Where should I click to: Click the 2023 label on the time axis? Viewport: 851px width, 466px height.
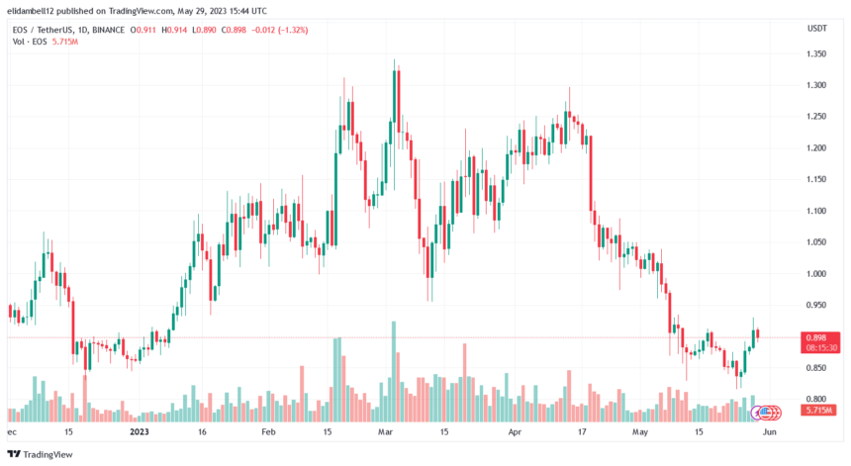140,431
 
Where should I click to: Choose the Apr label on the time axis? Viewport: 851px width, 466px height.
514,431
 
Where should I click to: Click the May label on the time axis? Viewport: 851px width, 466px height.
641,431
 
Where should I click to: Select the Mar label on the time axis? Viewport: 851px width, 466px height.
387,431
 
